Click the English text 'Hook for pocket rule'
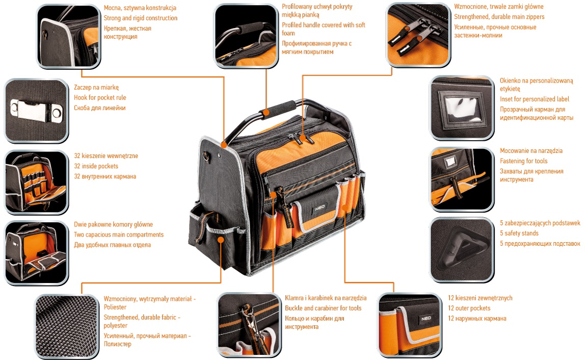(x=100, y=97)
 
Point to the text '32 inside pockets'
(x=96, y=166)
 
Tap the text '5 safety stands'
(x=519, y=233)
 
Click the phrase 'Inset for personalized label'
(x=535, y=99)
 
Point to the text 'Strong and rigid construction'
(x=141, y=18)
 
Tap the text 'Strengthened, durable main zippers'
(x=499, y=17)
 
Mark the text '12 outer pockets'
(x=469, y=308)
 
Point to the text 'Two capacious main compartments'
(x=119, y=235)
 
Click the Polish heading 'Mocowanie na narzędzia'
(x=531, y=151)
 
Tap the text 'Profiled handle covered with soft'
(x=324, y=25)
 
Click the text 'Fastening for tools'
(x=523, y=161)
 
